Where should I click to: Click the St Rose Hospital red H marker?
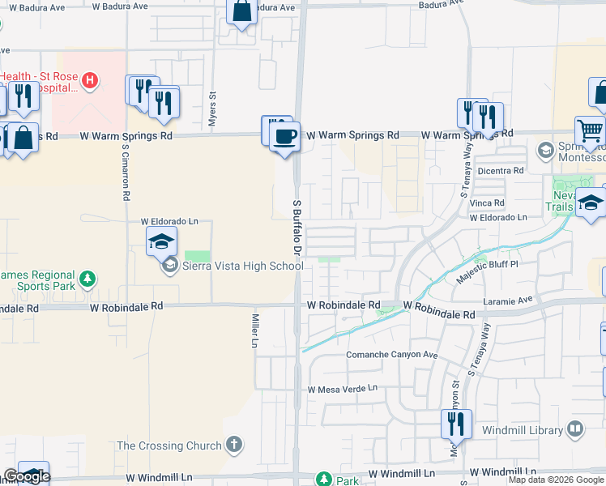click(x=91, y=80)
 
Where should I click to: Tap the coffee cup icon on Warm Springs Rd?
click(x=284, y=136)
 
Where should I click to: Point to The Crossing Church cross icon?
click(x=234, y=445)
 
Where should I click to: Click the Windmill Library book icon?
click(x=575, y=428)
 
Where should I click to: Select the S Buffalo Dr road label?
click(x=297, y=228)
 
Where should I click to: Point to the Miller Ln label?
click(x=254, y=330)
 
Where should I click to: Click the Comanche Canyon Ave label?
click(x=391, y=355)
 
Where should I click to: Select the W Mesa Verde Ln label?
click(x=343, y=388)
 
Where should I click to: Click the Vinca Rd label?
click(x=487, y=202)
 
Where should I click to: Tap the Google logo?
click(x=27, y=476)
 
